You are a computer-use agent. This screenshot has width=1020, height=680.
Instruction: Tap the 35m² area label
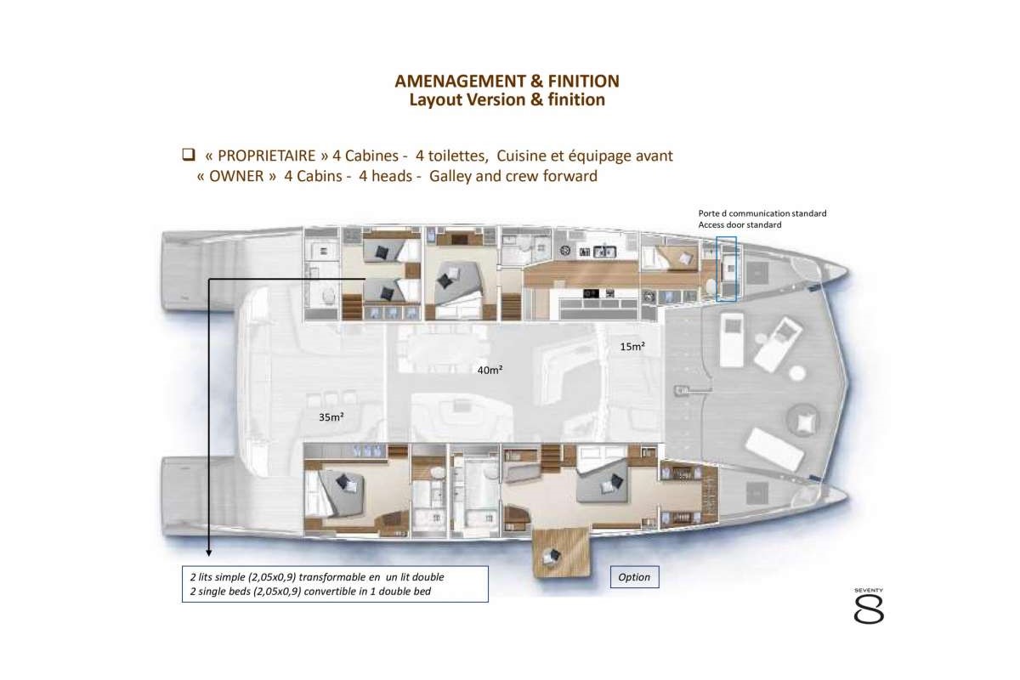[331, 417]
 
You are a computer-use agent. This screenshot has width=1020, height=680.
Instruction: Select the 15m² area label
[632, 346]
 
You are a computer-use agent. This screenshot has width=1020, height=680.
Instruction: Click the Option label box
[634, 577]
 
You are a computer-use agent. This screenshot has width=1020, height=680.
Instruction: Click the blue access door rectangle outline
[727, 269]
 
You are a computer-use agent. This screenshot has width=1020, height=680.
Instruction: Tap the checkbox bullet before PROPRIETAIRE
[189, 156]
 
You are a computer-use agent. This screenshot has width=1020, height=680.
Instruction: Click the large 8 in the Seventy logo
[869, 609]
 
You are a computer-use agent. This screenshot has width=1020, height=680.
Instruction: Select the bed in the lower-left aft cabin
[336, 491]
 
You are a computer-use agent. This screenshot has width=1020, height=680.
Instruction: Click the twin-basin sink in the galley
[605, 251]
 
